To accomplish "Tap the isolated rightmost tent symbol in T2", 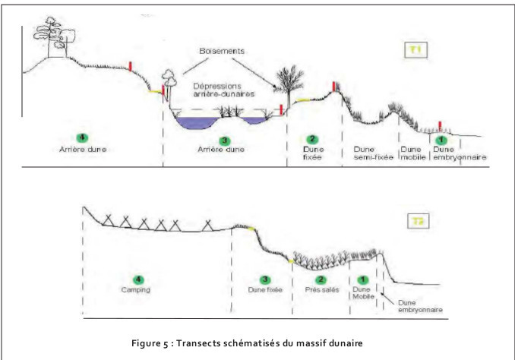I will pyautogui.click(x=207, y=224).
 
